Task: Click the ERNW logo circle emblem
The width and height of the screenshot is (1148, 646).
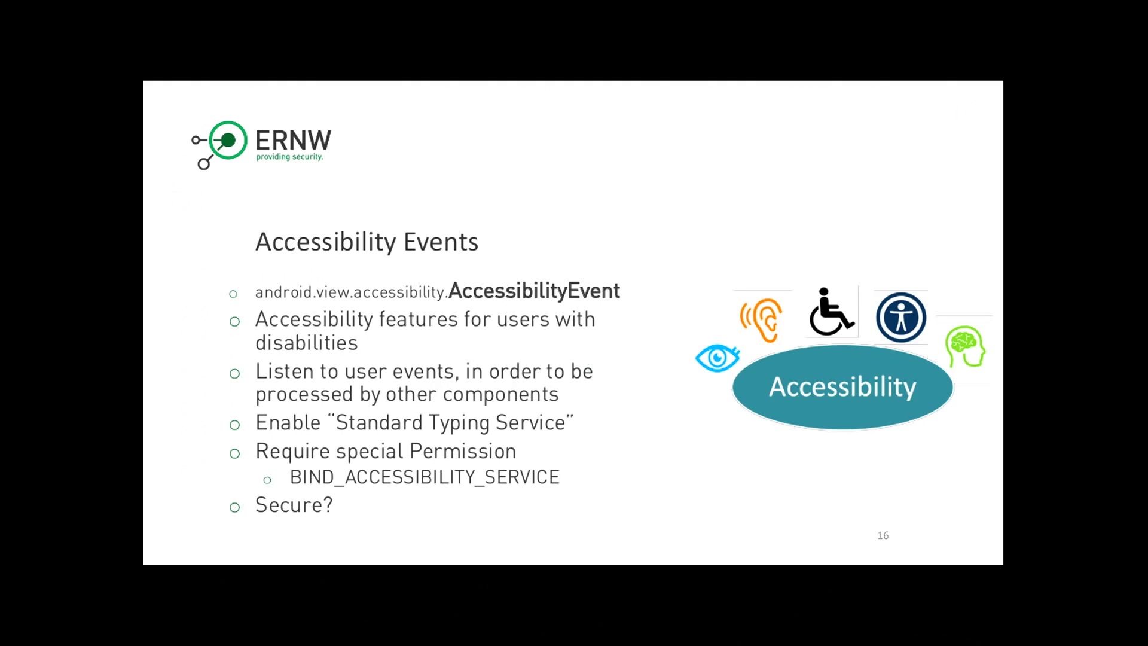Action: coord(228,140)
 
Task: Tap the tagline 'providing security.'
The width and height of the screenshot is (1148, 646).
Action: coord(289,157)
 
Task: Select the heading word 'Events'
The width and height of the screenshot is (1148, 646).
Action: coord(441,242)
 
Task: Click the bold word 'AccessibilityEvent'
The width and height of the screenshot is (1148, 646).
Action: coord(534,291)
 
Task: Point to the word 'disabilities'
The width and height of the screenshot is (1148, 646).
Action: coord(307,343)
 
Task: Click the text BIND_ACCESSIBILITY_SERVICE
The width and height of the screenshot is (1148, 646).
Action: coord(425,477)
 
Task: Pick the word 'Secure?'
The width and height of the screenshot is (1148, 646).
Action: coord(294,505)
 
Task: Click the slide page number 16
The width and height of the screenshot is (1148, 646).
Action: coord(883,535)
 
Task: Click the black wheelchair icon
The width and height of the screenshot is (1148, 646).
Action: coord(831,312)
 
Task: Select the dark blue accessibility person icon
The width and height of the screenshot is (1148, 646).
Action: coord(901,317)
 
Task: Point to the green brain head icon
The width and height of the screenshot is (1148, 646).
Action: coord(965,346)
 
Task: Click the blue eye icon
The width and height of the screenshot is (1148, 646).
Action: coord(717,358)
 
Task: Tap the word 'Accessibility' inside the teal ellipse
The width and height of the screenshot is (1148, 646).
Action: coord(842,387)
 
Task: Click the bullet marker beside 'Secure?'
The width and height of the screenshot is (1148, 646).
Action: coord(234,507)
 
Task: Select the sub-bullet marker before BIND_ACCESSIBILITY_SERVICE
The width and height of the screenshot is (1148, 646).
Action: coord(267,480)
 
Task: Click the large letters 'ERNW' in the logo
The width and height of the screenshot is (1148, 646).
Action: coord(293,141)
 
